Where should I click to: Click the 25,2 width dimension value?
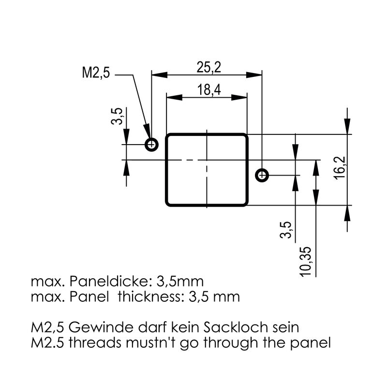click(208, 67)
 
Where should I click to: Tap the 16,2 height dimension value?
click(341, 168)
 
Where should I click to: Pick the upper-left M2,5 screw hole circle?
click(151, 144)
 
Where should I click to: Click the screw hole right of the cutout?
click(262, 175)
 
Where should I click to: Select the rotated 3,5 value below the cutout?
click(286, 230)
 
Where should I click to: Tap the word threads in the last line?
click(95, 342)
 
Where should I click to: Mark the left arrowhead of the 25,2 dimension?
click(160, 75)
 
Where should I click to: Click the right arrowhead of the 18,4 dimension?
click(239, 98)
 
